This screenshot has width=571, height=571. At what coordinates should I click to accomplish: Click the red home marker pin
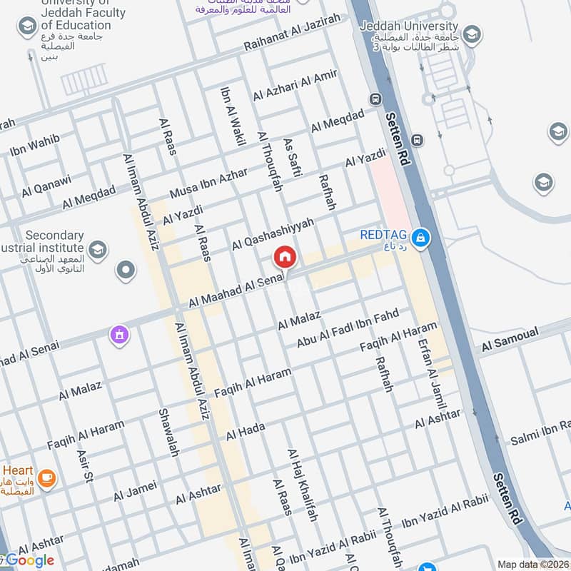[x=284, y=257]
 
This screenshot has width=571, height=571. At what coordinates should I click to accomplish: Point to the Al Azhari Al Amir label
[x=295, y=86]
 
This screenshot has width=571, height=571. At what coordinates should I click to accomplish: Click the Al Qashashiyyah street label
[x=273, y=234]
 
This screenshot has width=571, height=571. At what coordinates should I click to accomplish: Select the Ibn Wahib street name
[x=34, y=144]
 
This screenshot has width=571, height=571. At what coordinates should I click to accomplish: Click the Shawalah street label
[x=168, y=433]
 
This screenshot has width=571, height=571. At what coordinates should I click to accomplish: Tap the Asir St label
[x=84, y=466]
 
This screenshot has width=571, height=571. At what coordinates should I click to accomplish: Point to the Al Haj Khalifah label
[x=303, y=485]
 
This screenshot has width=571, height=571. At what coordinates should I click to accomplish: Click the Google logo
[x=30, y=560]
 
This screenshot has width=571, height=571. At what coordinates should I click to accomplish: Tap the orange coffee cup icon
[x=47, y=477]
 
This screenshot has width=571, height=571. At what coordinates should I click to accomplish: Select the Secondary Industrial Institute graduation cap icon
[x=98, y=249]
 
